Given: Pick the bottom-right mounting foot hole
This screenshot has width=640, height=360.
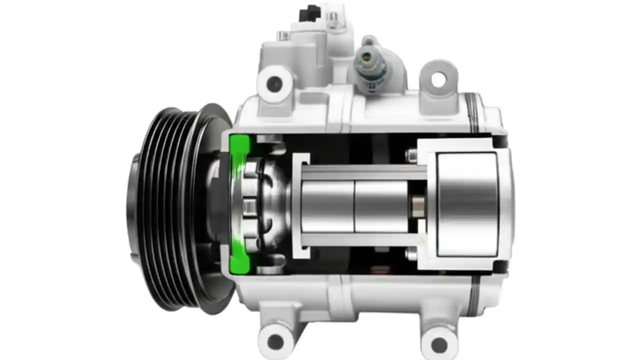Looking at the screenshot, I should pyautogui.click(x=438, y=343).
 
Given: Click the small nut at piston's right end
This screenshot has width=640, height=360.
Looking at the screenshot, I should pyautogui.click(x=416, y=205).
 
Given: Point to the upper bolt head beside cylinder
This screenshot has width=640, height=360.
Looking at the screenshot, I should pyautogui.click(x=411, y=156).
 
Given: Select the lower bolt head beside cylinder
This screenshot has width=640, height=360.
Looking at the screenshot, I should pyautogui.click(x=411, y=253).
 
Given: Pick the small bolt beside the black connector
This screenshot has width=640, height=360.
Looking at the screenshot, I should pyautogui.click(x=283, y=35).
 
